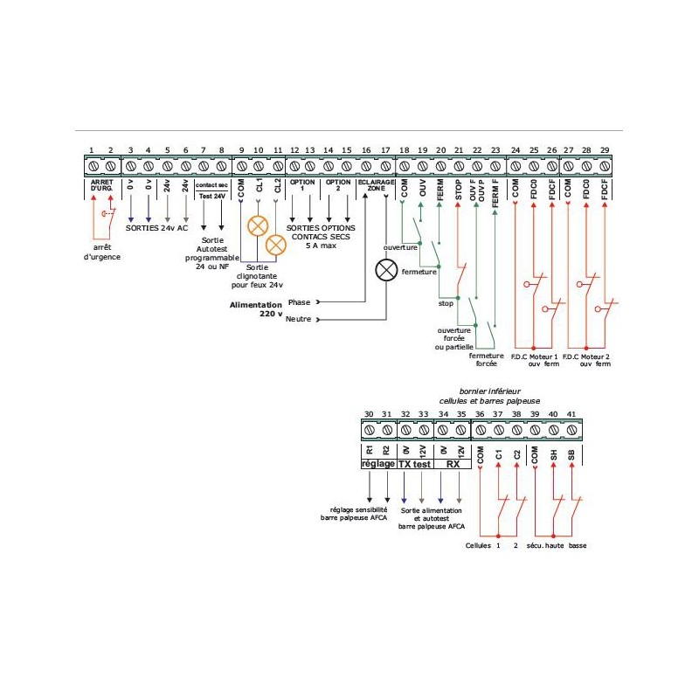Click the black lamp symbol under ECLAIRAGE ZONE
pos(385,270)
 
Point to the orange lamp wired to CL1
pos(258,226)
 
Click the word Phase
pos(300,301)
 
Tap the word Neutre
pos(298,320)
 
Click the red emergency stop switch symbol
pos(108,213)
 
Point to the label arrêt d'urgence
pos(102,252)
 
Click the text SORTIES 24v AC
pos(157,227)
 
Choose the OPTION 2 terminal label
pos(337,185)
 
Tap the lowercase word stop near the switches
pos(446,304)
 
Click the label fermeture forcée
pos(487,359)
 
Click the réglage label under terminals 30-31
pos(377,464)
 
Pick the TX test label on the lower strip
pos(413,464)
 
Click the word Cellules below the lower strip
pos(480,545)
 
